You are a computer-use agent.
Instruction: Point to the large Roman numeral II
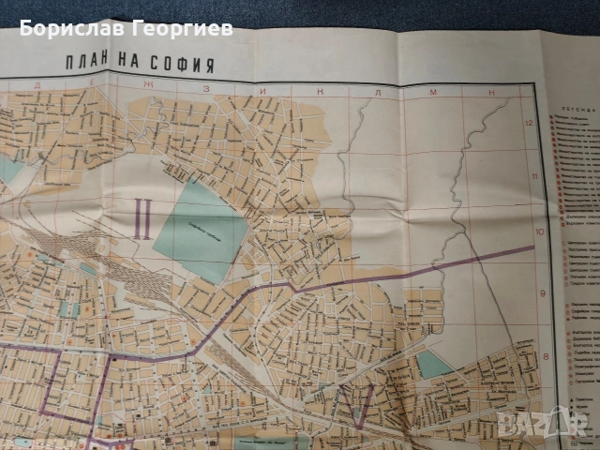point(143,221)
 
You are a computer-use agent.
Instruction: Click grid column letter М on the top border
point(435,92)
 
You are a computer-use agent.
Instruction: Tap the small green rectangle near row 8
point(433,363)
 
